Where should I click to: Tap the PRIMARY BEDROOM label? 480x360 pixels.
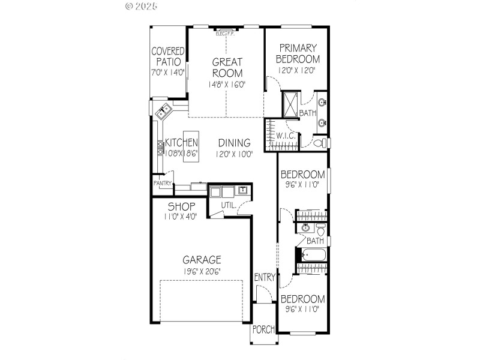click(298, 53)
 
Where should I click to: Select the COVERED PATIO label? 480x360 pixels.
click(167, 56)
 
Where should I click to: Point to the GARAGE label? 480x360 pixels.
click(202, 260)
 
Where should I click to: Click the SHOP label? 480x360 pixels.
click(181, 207)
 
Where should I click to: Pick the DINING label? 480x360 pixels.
click(234, 143)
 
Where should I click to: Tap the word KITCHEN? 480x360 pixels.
click(182, 143)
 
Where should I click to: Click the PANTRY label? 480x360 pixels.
click(163, 184)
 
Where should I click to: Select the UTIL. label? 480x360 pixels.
click(229, 205)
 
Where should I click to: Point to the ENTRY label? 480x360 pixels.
click(265, 277)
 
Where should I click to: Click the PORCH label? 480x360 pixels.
click(264, 329)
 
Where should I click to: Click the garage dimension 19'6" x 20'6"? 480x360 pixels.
click(202, 271)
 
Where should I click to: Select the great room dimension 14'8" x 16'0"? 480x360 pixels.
click(227, 85)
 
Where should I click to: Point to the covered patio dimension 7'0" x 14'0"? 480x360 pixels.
click(167, 72)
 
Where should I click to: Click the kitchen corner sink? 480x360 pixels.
click(163, 112)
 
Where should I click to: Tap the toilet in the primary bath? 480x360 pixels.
click(321, 143)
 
